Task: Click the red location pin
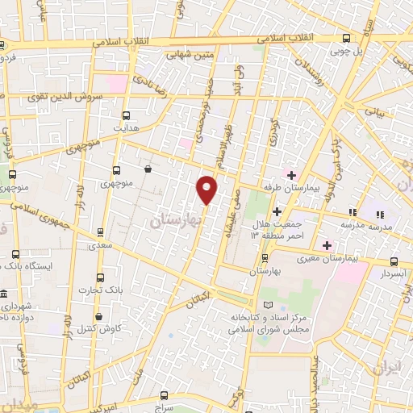(x=207, y=190)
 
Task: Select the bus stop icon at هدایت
(x=126, y=115)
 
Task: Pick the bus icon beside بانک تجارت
(x=98, y=277)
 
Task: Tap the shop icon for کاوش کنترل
(x=98, y=316)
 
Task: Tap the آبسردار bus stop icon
(x=393, y=261)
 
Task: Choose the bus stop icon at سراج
(x=165, y=395)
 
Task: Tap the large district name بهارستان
(x=176, y=219)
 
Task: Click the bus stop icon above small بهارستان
(x=265, y=258)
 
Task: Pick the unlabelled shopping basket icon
(x=148, y=169)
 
